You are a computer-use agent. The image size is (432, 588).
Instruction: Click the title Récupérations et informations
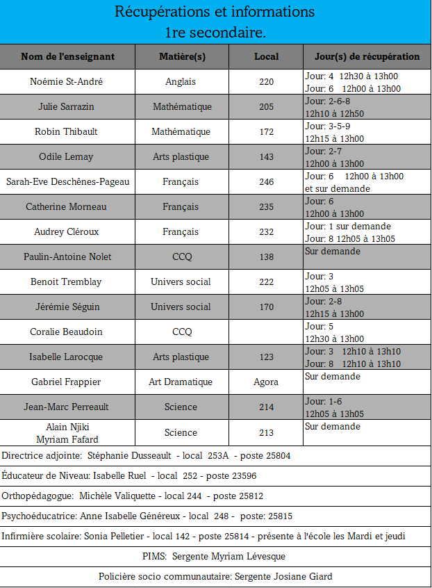coord(215,12)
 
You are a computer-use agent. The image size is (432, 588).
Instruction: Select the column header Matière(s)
coord(182,56)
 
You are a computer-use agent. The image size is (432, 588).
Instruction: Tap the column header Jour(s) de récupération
coord(367,56)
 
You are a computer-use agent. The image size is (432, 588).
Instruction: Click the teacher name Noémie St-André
coord(67,81)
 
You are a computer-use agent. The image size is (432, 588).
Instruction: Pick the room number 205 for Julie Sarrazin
coord(266,106)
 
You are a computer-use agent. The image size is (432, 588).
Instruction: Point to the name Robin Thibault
coord(67,131)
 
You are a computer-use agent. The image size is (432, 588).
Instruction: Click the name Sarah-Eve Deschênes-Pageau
coord(67,181)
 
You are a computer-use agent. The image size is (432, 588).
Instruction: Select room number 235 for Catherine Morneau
coord(266,206)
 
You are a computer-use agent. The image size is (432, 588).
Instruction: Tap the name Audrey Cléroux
coord(67,231)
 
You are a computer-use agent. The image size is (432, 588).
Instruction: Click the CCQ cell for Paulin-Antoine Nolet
coord(182,256)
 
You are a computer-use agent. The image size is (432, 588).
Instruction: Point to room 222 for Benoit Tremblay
coord(266,281)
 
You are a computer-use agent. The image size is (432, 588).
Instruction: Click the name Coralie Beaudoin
coord(67,332)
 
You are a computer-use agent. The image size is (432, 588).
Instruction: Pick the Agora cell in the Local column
coord(266,382)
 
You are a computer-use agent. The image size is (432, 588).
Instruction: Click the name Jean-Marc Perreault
coord(67,407)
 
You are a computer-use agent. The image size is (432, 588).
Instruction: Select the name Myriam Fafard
coord(67,439)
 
